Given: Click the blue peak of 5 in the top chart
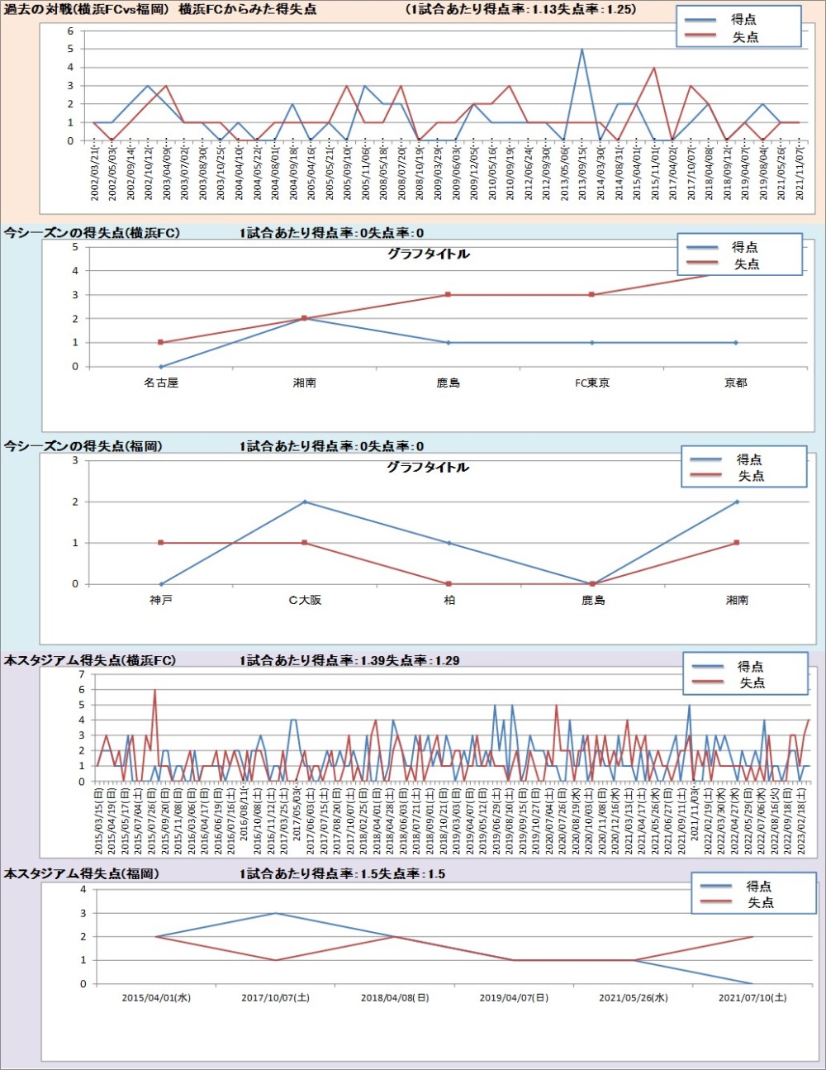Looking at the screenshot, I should [x=582, y=50].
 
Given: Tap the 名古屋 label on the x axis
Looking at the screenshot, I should [x=161, y=383].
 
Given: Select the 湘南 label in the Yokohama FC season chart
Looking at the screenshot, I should [x=305, y=383].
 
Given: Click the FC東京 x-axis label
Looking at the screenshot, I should [x=592, y=383].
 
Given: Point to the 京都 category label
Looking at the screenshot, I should [x=736, y=383].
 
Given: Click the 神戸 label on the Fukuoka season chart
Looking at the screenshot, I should [x=161, y=600].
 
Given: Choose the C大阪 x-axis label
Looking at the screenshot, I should [x=305, y=600].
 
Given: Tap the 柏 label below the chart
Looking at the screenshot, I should [x=449, y=600].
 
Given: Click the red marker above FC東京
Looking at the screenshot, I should [x=591, y=295].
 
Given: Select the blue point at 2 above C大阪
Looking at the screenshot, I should [x=305, y=502].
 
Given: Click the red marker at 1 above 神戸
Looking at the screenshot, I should [x=161, y=543].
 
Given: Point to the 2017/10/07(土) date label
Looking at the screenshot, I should [x=275, y=998].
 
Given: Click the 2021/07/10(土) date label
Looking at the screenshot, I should [x=752, y=998].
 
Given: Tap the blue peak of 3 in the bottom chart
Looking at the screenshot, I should [x=275, y=913].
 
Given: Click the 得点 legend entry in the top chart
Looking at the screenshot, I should [x=743, y=19].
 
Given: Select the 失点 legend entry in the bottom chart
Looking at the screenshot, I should [x=760, y=902].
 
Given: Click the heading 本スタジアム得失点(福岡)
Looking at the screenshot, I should [x=82, y=873].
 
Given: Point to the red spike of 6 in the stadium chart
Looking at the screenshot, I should [x=154, y=690].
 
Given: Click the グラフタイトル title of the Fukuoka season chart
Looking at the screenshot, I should [x=428, y=468].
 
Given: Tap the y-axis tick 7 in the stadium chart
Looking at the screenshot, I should [x=82, y=674].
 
